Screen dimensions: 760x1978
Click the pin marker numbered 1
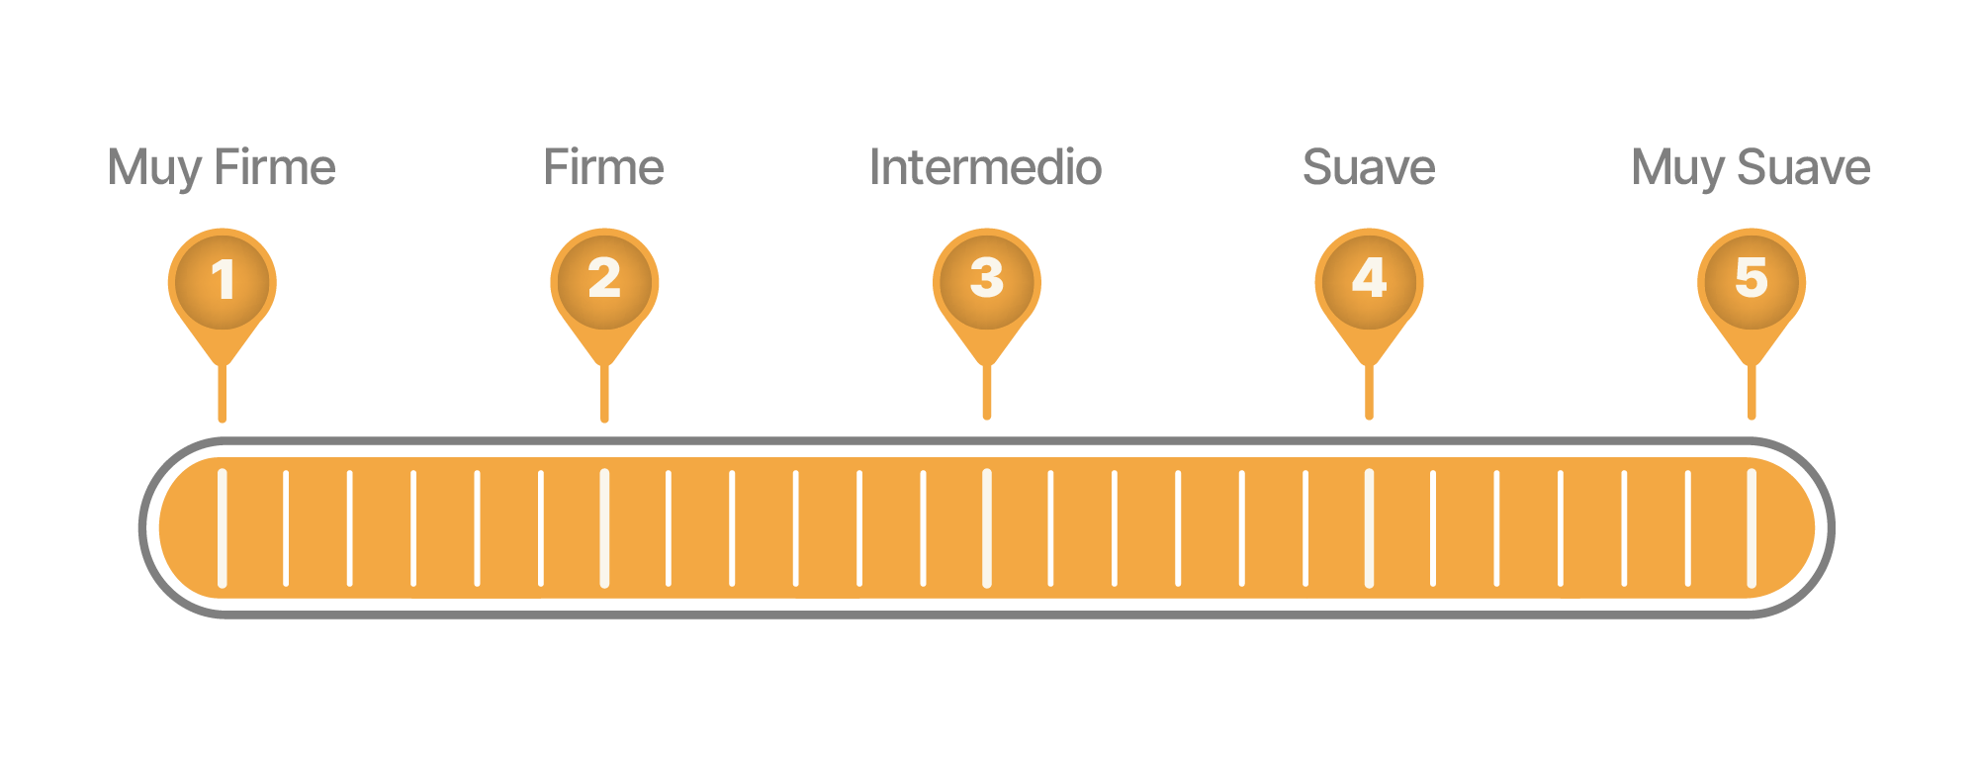pos(223,281)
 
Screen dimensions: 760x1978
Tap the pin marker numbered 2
pos(604,281)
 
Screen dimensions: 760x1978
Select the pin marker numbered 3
pos(987,281)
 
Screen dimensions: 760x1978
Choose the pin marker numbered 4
pos(1369,281)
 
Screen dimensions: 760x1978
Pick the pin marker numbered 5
pos(1752,281)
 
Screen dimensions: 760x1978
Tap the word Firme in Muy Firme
pos(276,166)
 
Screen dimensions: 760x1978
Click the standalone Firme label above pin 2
pos(604,166)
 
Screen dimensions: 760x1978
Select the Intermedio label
pos(986,166)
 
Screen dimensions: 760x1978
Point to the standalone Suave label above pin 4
pos(1369,166)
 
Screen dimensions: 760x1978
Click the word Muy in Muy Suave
pos(1678,168)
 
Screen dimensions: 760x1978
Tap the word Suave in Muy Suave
pos(1804,166)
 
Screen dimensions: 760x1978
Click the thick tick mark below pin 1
pos(223,527)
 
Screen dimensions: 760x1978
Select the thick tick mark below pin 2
pos(604,527)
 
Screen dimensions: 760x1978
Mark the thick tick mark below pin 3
pos(987,527)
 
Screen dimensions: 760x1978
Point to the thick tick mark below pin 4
pos(1369,527)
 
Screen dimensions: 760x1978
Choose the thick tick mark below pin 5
pos(1752,527)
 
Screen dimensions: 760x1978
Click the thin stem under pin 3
pos(987,394)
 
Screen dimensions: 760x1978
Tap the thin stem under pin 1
pos(223,395)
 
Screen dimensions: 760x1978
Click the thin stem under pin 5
pos(1752,394)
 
